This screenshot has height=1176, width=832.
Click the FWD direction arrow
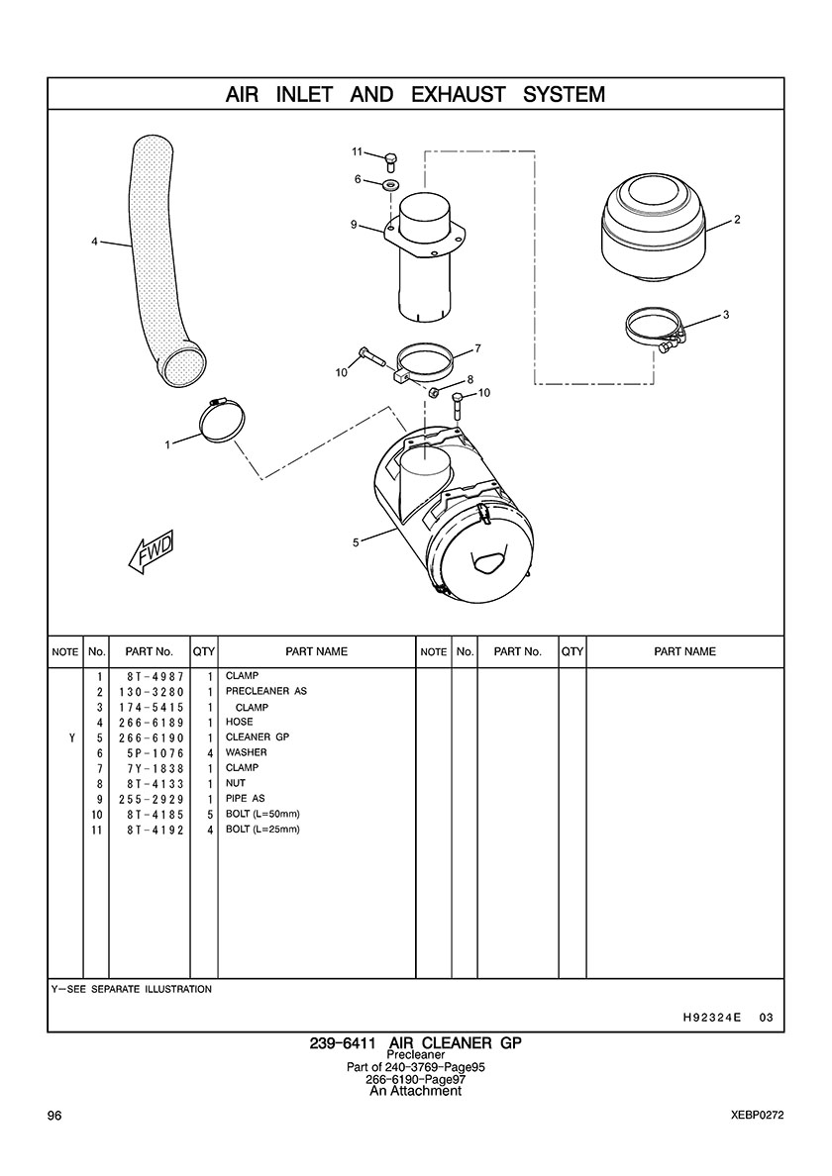[x=153, y=552]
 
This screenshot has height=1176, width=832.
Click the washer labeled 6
[x=391, y=184]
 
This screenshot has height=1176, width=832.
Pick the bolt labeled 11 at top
[x=391, y=162]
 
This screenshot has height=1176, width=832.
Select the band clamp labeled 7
[x=425, y=364]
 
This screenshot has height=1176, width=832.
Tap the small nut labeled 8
[x=434, y=392]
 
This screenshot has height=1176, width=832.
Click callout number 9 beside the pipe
[x=354, y=225]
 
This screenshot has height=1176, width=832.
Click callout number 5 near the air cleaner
[x=356, y=542]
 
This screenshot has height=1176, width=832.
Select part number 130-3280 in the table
[x=151, y=692]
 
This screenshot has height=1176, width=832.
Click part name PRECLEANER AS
[x=266, y=691]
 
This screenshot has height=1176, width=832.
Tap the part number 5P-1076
[x=156, y=753]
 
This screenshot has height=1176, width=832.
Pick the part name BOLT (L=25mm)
[x=262, y=830]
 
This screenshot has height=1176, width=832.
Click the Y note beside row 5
[x=71, y=738]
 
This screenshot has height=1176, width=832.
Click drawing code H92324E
[x=712, y=1018]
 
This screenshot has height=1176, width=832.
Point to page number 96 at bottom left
[x=54, y=1116]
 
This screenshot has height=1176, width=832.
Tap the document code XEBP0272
[x=757, y=1116]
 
